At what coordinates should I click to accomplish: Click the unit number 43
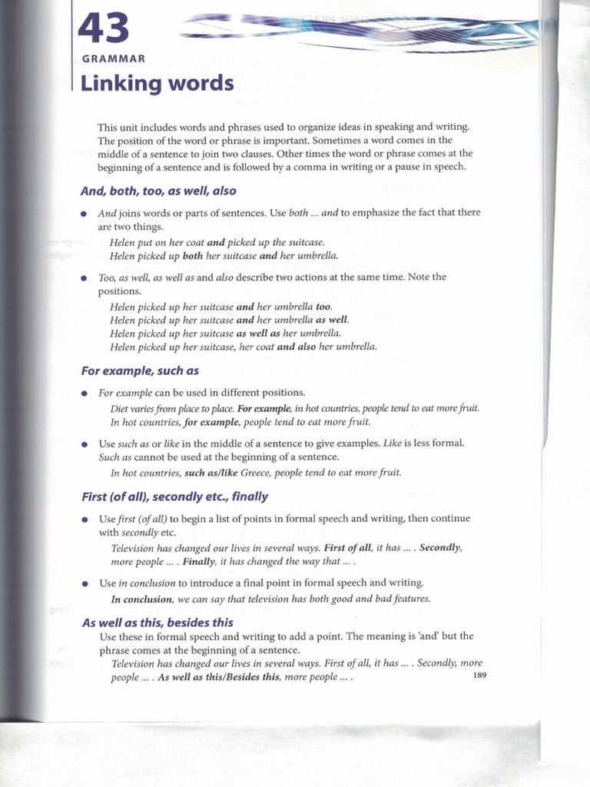tap(104, 29)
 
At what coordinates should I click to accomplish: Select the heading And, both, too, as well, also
tap(158, 191)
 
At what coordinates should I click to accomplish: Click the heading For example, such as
tap(140, 370)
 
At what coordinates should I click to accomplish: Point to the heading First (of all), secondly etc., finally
tap(174, 496)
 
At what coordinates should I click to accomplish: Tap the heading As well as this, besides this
tap(157, 623)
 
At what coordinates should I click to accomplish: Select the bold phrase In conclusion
tap(142, 599)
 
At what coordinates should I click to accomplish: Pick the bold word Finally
tap(199, 562)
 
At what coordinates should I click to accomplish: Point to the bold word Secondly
tap(440, 548)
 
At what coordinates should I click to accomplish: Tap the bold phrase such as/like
tap(211, 473)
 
